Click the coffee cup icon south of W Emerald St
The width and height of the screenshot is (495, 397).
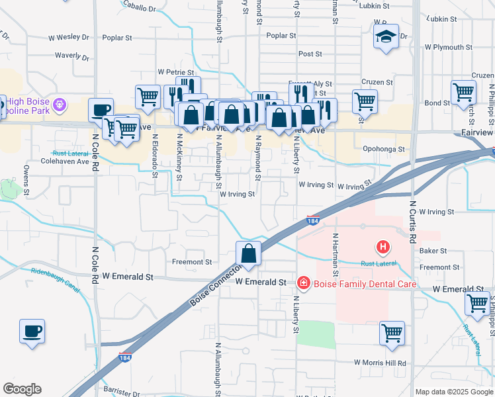(32, 331)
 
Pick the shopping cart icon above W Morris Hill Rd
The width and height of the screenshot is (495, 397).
(392, 333)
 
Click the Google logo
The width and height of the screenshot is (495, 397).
(22, 389)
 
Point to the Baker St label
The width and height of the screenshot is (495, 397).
(434, 251)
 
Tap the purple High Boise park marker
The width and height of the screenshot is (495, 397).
(60, 104)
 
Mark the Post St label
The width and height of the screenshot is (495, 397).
(310, 54)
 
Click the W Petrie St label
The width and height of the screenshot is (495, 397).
(175, 71)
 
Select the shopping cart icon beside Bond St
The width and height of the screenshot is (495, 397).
(463, 93)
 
